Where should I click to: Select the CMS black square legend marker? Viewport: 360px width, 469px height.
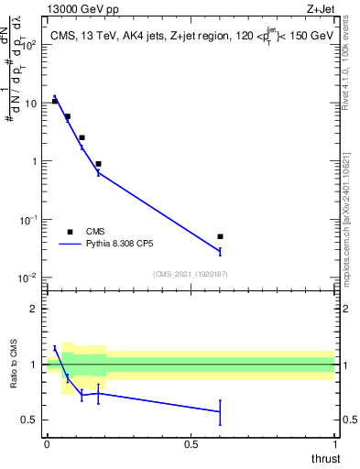pyautogui.click(x=70, y=232)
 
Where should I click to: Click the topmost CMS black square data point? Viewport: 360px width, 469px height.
pyautogui.click(x=55, y=101)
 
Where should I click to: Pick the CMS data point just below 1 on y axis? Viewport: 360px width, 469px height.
pyautogui.click(x=98, y=164)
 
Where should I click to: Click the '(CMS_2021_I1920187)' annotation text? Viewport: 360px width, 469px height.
pyautogui.click(x=191, y=274)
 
